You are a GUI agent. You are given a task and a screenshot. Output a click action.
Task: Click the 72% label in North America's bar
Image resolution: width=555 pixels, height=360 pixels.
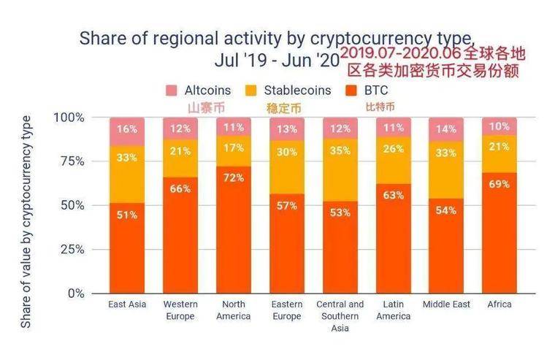coord(234,177)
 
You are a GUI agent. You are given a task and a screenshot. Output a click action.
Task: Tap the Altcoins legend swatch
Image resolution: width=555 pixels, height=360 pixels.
coord(172,91)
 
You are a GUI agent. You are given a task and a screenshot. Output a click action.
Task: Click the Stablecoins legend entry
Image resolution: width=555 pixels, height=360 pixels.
coord(296,91)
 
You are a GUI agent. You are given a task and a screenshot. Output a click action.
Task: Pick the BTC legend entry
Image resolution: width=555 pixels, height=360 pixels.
coord(375,91)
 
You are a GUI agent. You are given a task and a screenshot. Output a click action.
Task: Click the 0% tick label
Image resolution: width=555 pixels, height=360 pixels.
coord(75,294)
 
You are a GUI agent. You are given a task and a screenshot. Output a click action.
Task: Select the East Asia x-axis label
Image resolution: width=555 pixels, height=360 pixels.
coord(127,305)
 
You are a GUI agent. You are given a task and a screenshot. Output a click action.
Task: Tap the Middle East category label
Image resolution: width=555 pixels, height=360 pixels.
coord(446,305)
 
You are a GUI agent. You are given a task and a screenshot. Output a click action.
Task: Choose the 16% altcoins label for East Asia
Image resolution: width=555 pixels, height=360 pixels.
coord(127,129)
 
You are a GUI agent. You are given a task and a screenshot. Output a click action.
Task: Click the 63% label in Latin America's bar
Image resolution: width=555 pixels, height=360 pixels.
coord(394,195)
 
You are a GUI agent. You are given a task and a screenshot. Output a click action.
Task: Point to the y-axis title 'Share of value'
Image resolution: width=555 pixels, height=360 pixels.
coord(26,219)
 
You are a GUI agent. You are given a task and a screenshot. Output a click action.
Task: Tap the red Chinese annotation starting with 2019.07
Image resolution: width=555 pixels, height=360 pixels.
coord(432,62)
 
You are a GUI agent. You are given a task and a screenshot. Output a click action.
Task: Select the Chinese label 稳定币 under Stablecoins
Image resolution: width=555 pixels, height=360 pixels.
coord(283,108)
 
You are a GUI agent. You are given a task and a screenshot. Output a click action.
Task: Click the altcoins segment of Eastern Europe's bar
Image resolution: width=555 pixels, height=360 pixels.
coord(287,129)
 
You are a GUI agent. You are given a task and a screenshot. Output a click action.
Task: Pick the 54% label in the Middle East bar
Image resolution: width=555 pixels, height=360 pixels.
coord(446,210)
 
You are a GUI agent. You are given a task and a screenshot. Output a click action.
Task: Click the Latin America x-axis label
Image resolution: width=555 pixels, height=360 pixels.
coord(394,310)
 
